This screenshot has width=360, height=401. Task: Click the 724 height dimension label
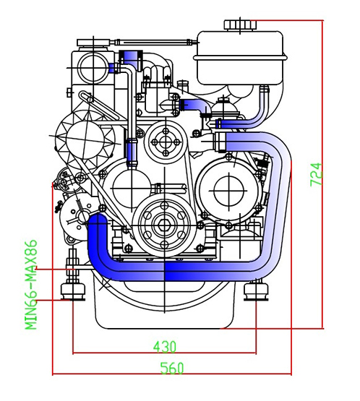click(x=316, y=174)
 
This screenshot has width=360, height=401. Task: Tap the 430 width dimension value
click(x=165, y=347)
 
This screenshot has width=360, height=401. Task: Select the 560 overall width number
click(x=172, y=368)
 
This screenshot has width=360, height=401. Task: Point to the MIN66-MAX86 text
click(x=31, y=285)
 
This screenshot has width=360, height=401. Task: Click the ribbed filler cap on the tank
click(x=240, y=25)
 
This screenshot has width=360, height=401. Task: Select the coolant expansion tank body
click(x=241, y=58)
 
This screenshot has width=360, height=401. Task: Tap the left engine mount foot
click(x=73, y=291)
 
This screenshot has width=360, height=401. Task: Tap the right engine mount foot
click(x=256, y=291)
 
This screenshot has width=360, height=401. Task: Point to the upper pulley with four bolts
click(x=166, y=142)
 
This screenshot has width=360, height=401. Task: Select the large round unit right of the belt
click(x=229, y=191)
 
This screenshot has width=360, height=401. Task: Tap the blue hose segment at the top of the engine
click(x=131, y=58)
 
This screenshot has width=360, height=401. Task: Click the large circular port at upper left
click(x=93, y=67)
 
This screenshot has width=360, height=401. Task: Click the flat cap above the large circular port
click(x=93, y=43)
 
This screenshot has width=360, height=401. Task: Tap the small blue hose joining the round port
click(x=112, y=69)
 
